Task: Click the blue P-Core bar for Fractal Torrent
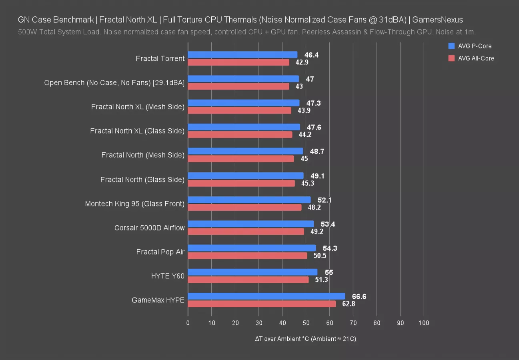pos(242,55)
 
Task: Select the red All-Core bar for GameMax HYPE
pos(262,304)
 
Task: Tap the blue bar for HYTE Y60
pos(252,272)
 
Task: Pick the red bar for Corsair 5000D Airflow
pos(246,232)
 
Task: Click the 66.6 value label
pos(359,296)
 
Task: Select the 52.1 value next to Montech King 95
pos(325,200)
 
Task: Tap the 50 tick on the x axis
pos(306,323)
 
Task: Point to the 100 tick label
pos(424,323)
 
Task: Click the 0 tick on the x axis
pos(188,323)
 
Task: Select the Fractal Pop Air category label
pos(160,252)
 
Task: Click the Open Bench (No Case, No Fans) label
pos(114,83)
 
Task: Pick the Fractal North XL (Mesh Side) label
pos(138,107)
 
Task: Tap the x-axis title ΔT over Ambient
pos(305,339)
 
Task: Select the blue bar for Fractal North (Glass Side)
pos(246,176)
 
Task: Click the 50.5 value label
pos(320,256)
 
